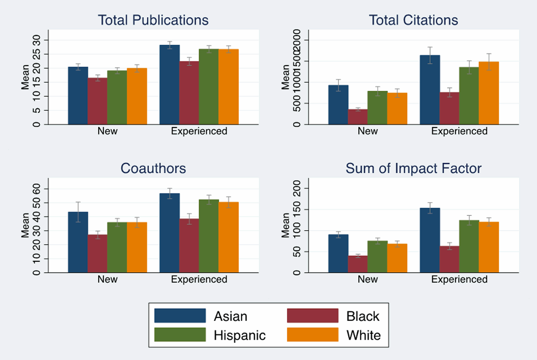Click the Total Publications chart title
click(x=153, y=20)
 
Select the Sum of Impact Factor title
click(x=413, y=168)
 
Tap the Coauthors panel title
click(x=153, y=168)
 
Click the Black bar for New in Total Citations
click(x=358, y=117)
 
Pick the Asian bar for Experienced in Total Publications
click(x=169, y=85)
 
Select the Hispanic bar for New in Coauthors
click(x=117, y=247)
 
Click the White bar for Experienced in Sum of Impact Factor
click(x=489, y=247)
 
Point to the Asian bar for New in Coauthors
click(x=78, y=242)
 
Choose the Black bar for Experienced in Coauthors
click(x=189, y=245)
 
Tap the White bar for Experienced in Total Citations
click(x=489, y=93)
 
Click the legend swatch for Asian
click(x=180, y=316)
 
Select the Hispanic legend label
click(x=240, y=335)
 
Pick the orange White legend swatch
click(x=312, y=335)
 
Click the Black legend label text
click(x=362, y=316)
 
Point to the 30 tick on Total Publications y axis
click(x=36, y=40)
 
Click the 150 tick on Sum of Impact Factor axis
click(x=297, y=210)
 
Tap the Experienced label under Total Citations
click(x=459, y=131)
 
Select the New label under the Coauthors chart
click(x=107, y=279)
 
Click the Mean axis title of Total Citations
click(x=285, y=77)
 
